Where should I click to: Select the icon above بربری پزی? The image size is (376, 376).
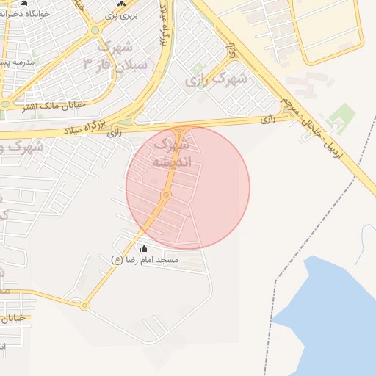point(122,4)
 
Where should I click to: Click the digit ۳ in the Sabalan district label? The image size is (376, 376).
point(88,63)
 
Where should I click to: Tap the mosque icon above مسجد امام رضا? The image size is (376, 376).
point(143,249)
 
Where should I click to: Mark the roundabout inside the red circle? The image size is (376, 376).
point(167,195)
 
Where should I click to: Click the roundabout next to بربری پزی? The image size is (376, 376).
point(95,31)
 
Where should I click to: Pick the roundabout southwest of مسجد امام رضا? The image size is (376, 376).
point(84,305)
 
